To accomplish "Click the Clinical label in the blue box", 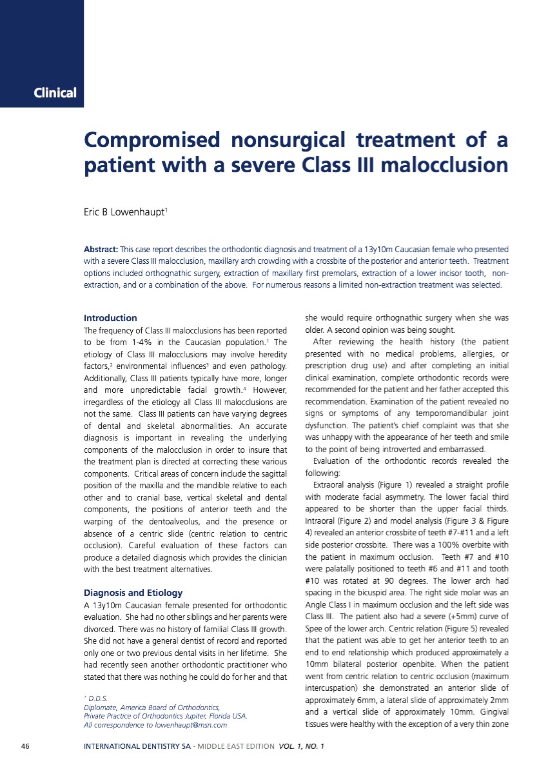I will pyautogui.click(x=55, y=93).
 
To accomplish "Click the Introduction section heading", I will pyautogui.click(x=110, y=318).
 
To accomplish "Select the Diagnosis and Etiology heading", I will pyautogui.click(x=133, y=593).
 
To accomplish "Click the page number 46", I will pyautogui.click(x=25, y=747).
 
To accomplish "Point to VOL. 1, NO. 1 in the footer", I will pyautogui.click(x=301, y=747).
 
